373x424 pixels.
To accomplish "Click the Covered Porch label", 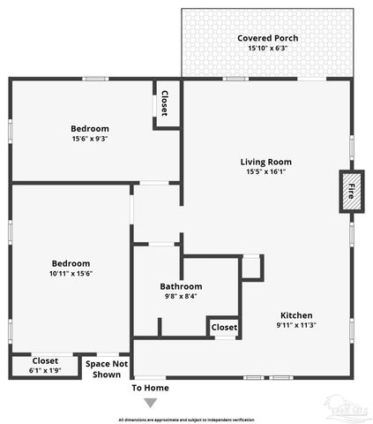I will tap(267, 38).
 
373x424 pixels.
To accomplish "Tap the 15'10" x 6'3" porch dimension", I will tap(267, 49).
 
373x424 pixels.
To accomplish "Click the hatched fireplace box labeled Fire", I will tap(351, 191).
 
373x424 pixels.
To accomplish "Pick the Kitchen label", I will tap(296, 315).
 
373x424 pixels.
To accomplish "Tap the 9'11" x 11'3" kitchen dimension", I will tap(296, 325).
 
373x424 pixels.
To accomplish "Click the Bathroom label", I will tap(181, 286).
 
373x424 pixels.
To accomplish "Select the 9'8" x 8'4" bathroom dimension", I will tap(181, 296).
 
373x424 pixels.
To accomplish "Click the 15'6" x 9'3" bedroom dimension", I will tap(91, 139).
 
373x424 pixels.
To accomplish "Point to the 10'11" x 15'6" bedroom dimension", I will tap(71, 274).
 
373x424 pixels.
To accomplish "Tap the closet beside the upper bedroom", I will tap(164, 103).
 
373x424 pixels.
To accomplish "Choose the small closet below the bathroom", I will tap(224, 327).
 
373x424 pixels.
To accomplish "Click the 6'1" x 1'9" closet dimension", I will tap(45, 371).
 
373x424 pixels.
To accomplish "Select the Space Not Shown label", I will tap(107, 368).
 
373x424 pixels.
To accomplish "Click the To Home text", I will tap(150, 388).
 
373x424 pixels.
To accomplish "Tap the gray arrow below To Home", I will tap(150, 403).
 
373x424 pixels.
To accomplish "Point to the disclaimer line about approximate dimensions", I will tap(186, 419).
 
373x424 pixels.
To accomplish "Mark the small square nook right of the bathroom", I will tap(251, 267).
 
